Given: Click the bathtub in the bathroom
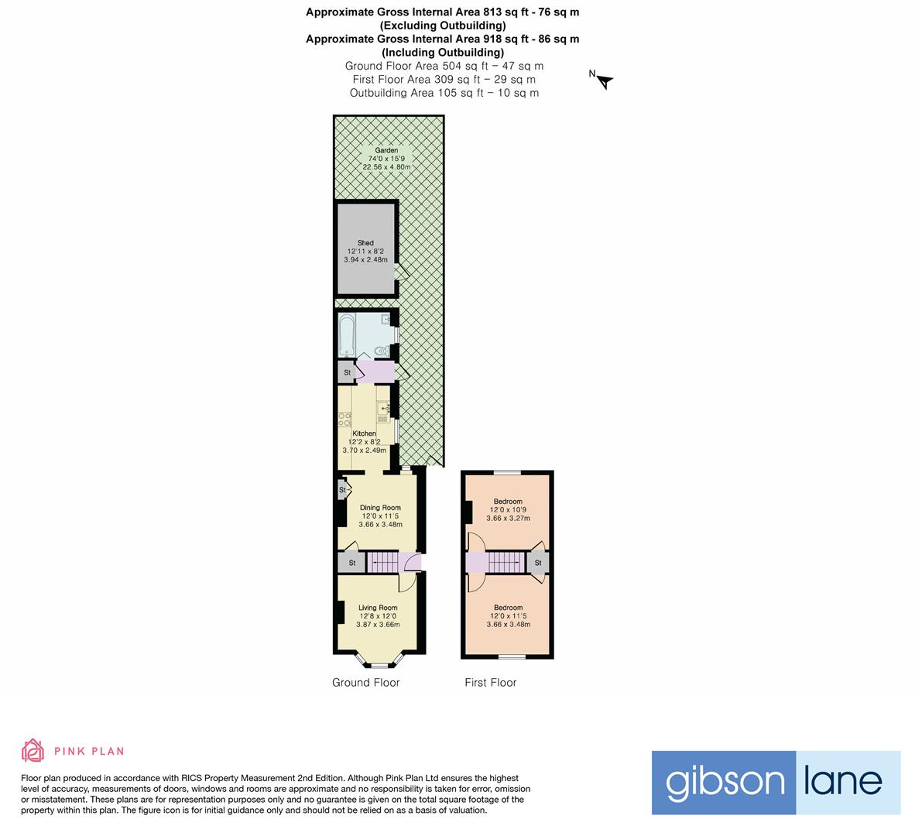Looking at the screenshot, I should pyautogui.click(x=346, y=334).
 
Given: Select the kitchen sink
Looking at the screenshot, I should pyautogui.click(x=383, y=407).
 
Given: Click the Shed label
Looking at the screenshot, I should pyautogui.click(x=365, y=243).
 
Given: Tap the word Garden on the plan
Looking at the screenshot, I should pyautogui.click(x=386, y=150).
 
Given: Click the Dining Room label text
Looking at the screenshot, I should pyautogui.click(x=380, y=508).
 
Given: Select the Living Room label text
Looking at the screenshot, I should pyautogui.click(x=378, y=608).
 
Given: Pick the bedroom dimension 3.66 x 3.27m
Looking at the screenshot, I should pyautogui.click(x=508, y=518).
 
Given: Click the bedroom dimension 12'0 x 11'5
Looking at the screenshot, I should pyautogui.click(x=508, y=616).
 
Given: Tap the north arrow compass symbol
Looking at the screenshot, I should pyautogui.click(x=604, y=80).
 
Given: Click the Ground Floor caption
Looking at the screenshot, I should pyautogui.click(x=365, y=682).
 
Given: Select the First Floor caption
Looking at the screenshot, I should pyautogui.click(x=490, y=682).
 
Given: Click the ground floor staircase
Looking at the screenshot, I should pyautogui.click(x=385, y=562).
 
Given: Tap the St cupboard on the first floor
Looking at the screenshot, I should pyautogui.click(x=538, y=563).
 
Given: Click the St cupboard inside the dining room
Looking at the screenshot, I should pyautogui.click(x=342, y=490).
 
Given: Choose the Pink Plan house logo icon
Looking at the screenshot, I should pyautogui.click(x=33, y=750).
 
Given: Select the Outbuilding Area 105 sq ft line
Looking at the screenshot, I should pyautogui.click(x=444, y=93).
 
